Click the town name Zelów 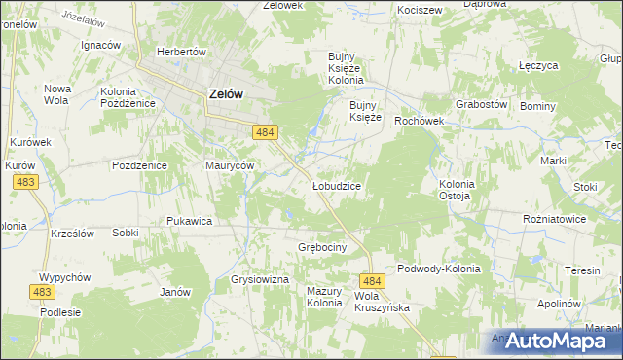tap(226, 94)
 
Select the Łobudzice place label tap(337, 185)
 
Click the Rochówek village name tap(419, 122)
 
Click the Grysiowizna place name tap(260, 279)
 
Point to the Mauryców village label tap(230, 165)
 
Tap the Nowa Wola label tap(56, 93)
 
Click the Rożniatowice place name tap(554, 219)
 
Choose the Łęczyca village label tap(537, 66)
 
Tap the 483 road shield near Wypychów tap(42, 292)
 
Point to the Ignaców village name tap(100, 45)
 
